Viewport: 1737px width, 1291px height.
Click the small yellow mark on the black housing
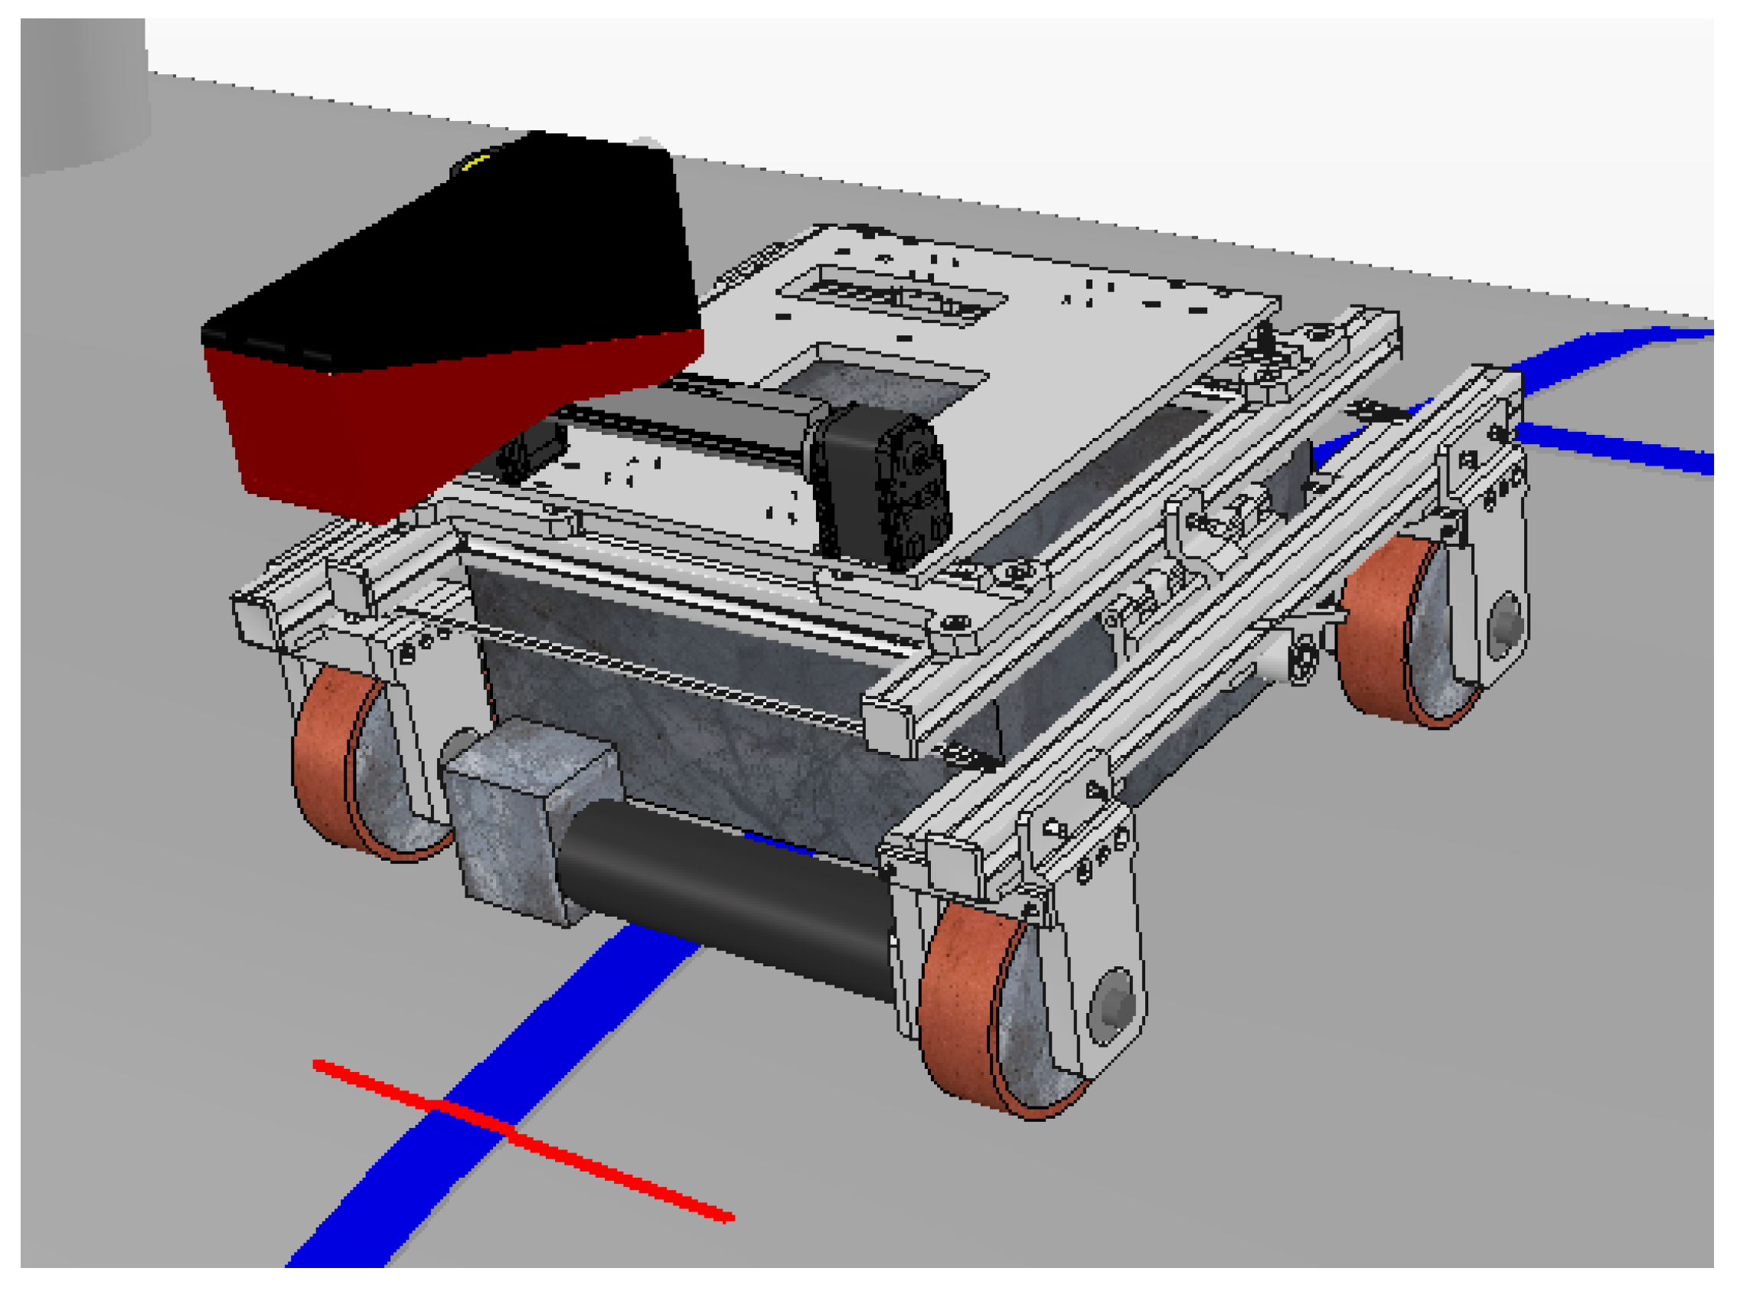(475, 162)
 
